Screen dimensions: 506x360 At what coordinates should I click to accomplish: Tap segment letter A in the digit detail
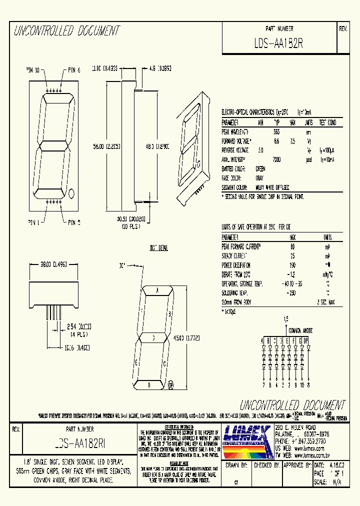(x=157, y=290)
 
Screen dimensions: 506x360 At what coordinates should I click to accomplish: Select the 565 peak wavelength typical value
(x=276, y=131)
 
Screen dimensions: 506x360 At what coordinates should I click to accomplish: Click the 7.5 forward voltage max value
(x=293, y=141)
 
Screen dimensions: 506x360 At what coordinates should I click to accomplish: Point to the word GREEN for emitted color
(x=260, y=169)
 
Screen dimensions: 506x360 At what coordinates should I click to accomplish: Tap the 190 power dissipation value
(x=292, y=265)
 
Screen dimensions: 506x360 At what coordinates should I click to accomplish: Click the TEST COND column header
(x=327, y=122)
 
